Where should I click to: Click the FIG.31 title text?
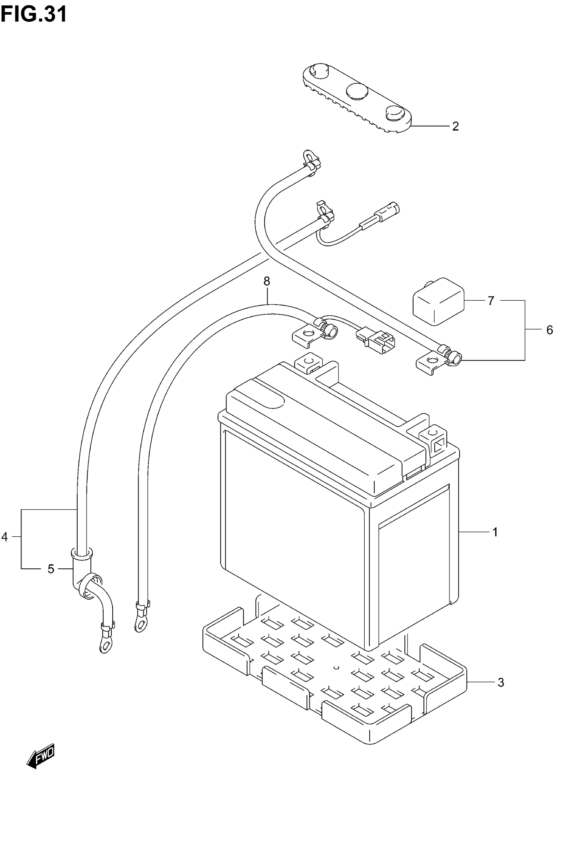pyautogui.click(x=34, y=15)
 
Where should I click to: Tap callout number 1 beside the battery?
pyautogui.click(x=495, y=531)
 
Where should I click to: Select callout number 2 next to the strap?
pyautogui.click(x=455, y=126)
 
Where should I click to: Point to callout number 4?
pyautogui.click(x=4, y=537)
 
